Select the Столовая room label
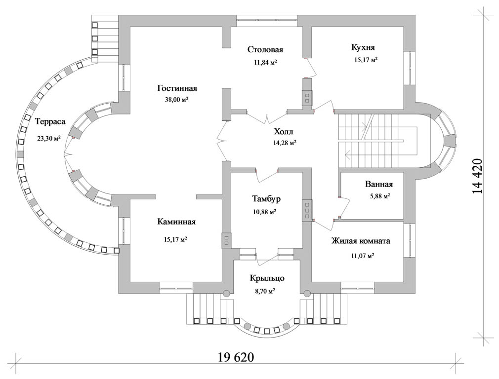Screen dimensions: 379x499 point(265,50)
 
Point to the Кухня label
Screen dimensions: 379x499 point(363,47)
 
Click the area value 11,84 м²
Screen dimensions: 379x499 point(265,62)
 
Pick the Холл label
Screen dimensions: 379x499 point(284,132)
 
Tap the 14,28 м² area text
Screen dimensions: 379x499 point(285,143)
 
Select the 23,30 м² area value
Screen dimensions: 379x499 point(49,138)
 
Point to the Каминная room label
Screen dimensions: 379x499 point(176,222)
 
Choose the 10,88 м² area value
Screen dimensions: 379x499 point(264,212)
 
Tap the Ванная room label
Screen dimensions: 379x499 point(379,185)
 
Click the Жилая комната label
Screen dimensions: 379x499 point(361,241)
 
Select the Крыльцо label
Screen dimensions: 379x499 point(266,278)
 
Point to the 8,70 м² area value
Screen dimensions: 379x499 point(265,291)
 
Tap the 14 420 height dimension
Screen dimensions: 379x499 point(477,177)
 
